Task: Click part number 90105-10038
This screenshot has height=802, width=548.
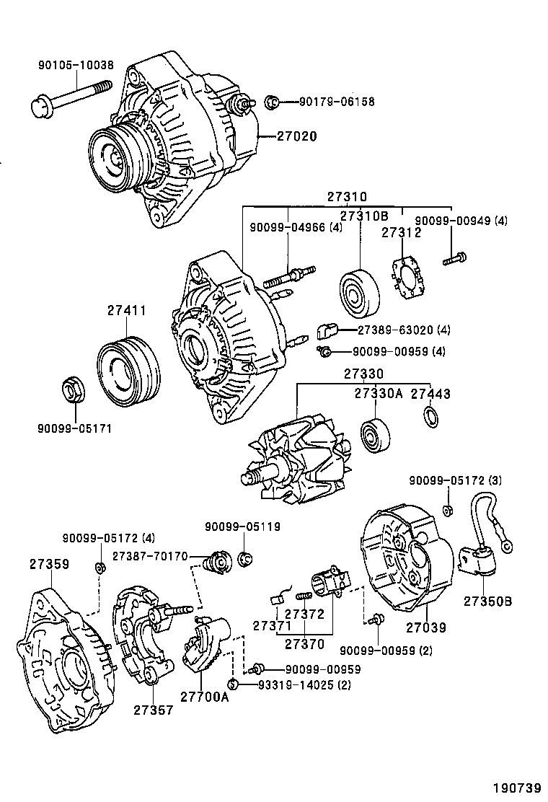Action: point(76,65)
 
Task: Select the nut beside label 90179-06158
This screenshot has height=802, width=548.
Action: point(272,102)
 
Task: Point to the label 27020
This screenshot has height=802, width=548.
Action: point(296,136)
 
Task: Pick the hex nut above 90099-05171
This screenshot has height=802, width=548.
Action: point(73,391)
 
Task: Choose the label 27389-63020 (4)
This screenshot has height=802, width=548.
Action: point(404,330)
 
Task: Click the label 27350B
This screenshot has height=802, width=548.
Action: point(487,601)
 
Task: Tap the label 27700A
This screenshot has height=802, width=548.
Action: point(204,696)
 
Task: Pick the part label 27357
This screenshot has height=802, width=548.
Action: point(153,710)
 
